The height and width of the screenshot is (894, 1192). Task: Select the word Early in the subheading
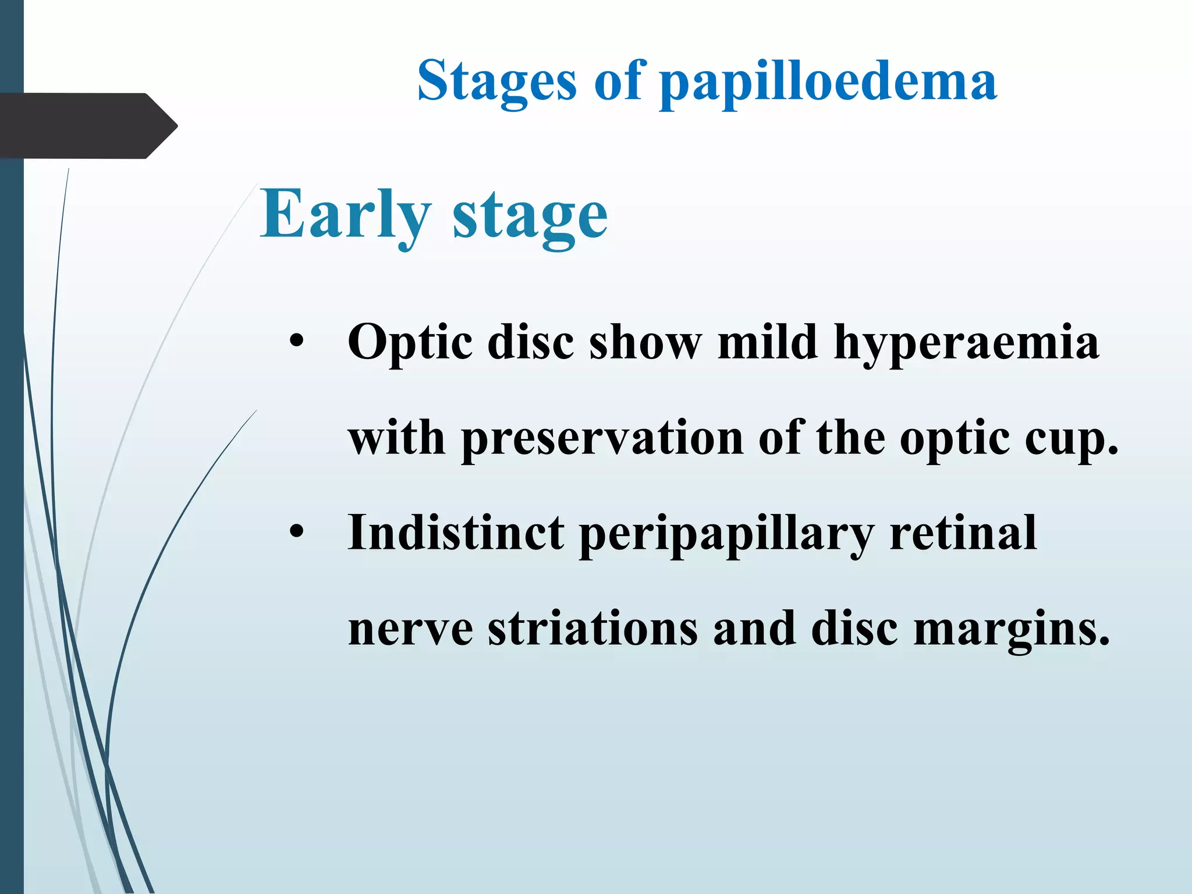346,214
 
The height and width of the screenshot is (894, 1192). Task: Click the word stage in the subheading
530,217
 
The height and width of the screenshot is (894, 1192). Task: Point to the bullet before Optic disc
297,343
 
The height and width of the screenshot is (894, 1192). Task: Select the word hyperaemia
966,343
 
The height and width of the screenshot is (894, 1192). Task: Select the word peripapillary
726,534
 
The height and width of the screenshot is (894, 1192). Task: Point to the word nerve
410,630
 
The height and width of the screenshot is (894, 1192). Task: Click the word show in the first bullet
645,342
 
